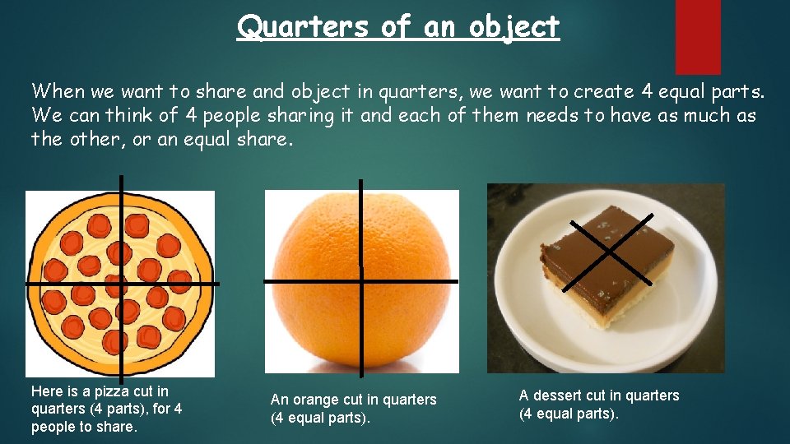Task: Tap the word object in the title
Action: click(x=514, y=26)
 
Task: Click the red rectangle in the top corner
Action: click(x=698, y=36)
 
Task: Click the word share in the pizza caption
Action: click(x=115, y=427)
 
